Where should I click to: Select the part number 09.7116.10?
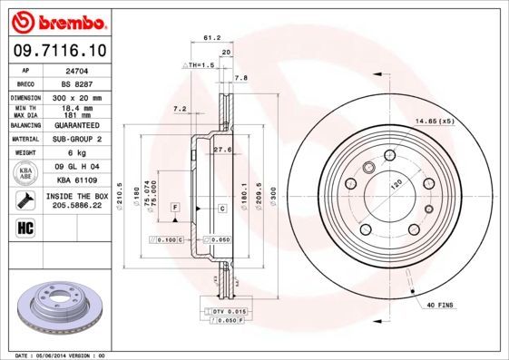click(59, 51)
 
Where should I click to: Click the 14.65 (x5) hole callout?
click(433, 120)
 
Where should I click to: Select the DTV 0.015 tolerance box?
click(210, 311)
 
